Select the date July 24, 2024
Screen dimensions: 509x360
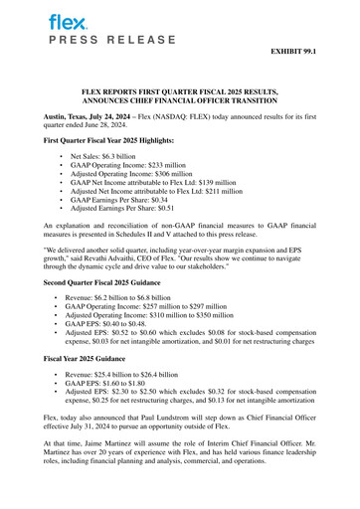[x=111, y=116]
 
